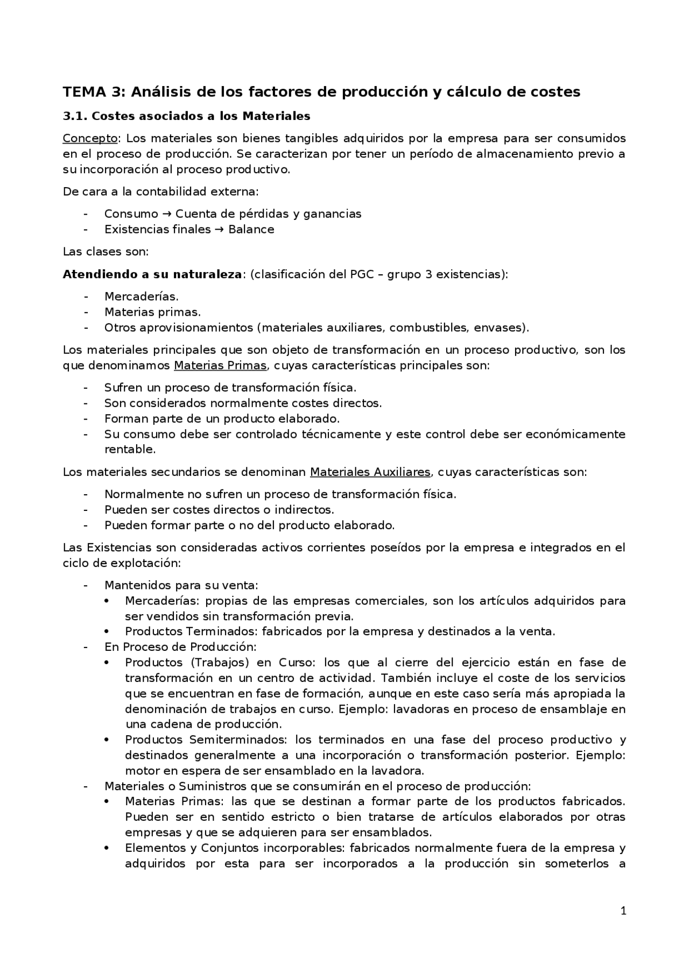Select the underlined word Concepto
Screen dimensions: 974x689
point(90,138)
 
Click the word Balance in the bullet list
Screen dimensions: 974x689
point(251,230)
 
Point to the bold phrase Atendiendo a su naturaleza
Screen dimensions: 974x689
point(152,274)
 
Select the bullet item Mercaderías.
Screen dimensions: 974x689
point(141,296)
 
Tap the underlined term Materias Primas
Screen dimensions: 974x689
point(220,366)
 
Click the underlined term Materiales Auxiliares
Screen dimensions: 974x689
point(370,472)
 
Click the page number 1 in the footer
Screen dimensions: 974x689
point(623,911)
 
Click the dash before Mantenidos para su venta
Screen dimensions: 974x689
point(85,585)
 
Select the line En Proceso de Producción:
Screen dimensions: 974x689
point(180,647)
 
